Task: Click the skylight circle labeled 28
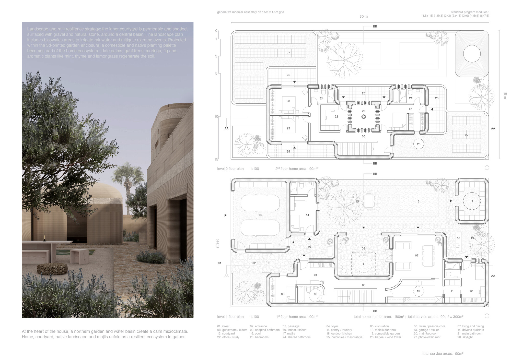(419, 144)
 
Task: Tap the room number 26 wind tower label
(363, 111)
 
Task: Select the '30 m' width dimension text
(363, 17)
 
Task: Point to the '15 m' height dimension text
(505, 95)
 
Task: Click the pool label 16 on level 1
(417, 201)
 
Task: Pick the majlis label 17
(471, 201)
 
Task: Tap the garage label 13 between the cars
(260, 215)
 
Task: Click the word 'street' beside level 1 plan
(217, 244)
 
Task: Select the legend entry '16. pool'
(255, 333)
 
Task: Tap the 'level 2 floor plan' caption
(230, 169)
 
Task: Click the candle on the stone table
(45, 236)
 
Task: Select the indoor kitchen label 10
(418, 291)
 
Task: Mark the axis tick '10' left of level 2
(216, 116)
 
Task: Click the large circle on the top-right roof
(472, 54)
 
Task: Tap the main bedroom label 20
(410, 109)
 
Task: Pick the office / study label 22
(336, 116)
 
